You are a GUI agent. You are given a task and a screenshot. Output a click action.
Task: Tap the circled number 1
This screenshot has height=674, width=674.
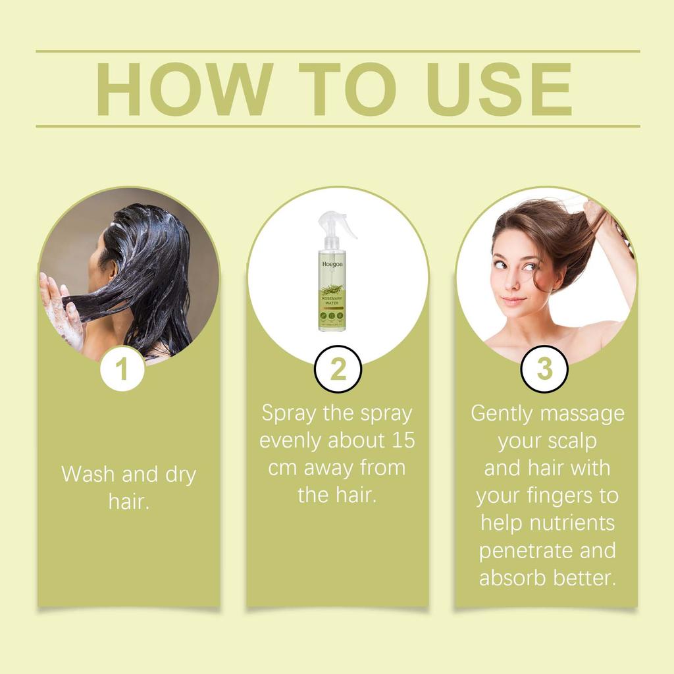coord(122,369)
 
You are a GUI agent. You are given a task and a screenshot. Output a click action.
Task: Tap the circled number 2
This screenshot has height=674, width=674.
coord(338,369)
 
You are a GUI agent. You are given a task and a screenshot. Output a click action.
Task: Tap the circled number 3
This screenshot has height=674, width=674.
coord(544,369)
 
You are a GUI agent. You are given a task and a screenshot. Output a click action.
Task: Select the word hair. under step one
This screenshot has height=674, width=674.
coord(129,502)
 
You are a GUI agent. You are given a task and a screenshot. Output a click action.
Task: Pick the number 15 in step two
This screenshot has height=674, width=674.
coord(401,440)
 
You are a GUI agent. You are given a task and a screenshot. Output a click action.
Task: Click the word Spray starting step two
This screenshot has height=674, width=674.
coord(290,413)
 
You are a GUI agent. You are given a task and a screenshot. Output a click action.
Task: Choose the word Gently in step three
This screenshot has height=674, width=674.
coord(503,414)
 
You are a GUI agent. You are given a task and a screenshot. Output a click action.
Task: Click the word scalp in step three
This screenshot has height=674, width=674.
coord(571,441)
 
